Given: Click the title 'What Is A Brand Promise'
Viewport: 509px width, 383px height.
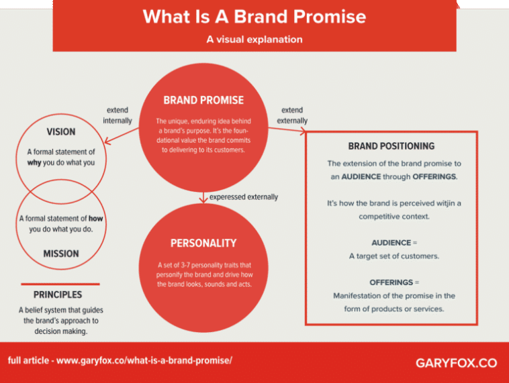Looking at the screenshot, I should pos(254,16).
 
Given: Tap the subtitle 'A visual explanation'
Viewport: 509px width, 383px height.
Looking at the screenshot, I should pos(254,40).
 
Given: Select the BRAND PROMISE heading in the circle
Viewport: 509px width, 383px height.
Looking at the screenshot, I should pos(203,101).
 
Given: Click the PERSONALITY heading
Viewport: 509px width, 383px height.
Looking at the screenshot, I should pos(203,243).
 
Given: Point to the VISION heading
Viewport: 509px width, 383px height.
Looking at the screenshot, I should pos(60,131).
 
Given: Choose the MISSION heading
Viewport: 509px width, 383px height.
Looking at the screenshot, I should pos(61,254).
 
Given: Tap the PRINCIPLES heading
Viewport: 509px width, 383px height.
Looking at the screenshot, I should pos(58,294).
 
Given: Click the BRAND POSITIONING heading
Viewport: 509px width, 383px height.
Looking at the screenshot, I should pos(391,146).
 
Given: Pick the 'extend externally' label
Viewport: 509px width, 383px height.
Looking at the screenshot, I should pos(292,115).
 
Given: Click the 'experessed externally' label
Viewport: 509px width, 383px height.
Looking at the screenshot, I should pos(243,197).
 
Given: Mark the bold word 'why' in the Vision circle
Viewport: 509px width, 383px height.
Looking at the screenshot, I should pos(34,163).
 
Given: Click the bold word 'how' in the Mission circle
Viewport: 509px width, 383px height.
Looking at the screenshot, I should pos(96,219).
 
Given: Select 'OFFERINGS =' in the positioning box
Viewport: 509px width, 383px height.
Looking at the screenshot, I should pos(394,282).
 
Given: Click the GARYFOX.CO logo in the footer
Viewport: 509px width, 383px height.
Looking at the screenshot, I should pos(456,363).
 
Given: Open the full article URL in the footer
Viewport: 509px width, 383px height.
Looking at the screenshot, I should pos(144,360).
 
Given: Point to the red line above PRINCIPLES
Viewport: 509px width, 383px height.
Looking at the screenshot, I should pos(60,284).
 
